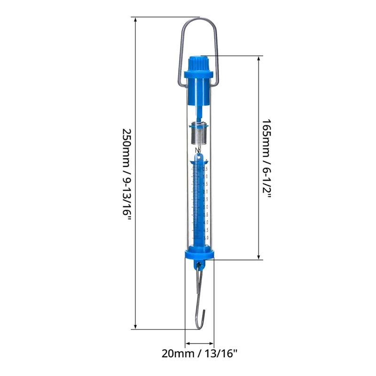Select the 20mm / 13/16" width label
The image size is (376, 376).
click(200, 353)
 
